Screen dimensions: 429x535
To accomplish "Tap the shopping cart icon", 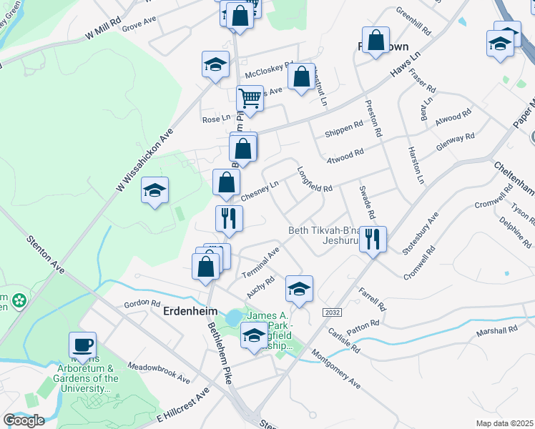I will point(250,99).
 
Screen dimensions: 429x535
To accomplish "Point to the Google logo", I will point(24,420).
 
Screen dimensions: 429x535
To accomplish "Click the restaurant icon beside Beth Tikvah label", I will point(372,240).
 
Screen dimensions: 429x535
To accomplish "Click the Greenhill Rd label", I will point(414,22).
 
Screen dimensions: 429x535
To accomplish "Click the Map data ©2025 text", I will point(504,423).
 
